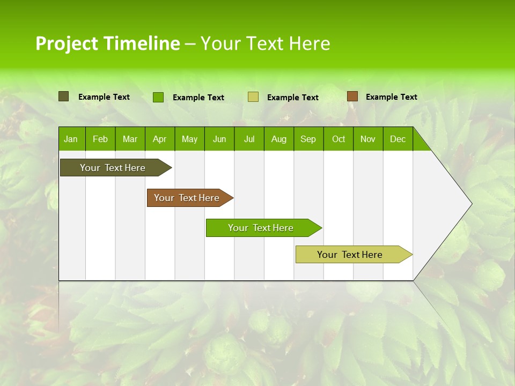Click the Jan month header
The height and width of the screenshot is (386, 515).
coord(71,139)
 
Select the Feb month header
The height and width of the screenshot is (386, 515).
coord(100,139)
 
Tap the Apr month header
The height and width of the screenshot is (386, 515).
coord(159,139)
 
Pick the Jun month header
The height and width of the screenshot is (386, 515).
coord(219,139)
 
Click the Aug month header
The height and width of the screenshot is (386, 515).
coord(278,139)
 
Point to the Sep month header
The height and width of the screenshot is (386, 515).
coord(308,139)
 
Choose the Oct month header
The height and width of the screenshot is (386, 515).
coord(339,139)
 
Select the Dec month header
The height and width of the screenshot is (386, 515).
coord(398,139)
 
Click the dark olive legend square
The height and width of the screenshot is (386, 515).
coord(64,96)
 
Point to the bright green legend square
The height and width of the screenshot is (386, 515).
coord(158,97)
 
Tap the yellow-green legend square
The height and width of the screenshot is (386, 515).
coord(253,97)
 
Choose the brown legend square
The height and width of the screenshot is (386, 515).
coord(352,96)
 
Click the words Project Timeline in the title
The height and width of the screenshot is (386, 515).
coord(108,43)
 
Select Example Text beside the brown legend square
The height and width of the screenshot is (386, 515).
coord(391,97)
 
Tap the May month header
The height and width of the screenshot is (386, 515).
coord(189,139)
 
